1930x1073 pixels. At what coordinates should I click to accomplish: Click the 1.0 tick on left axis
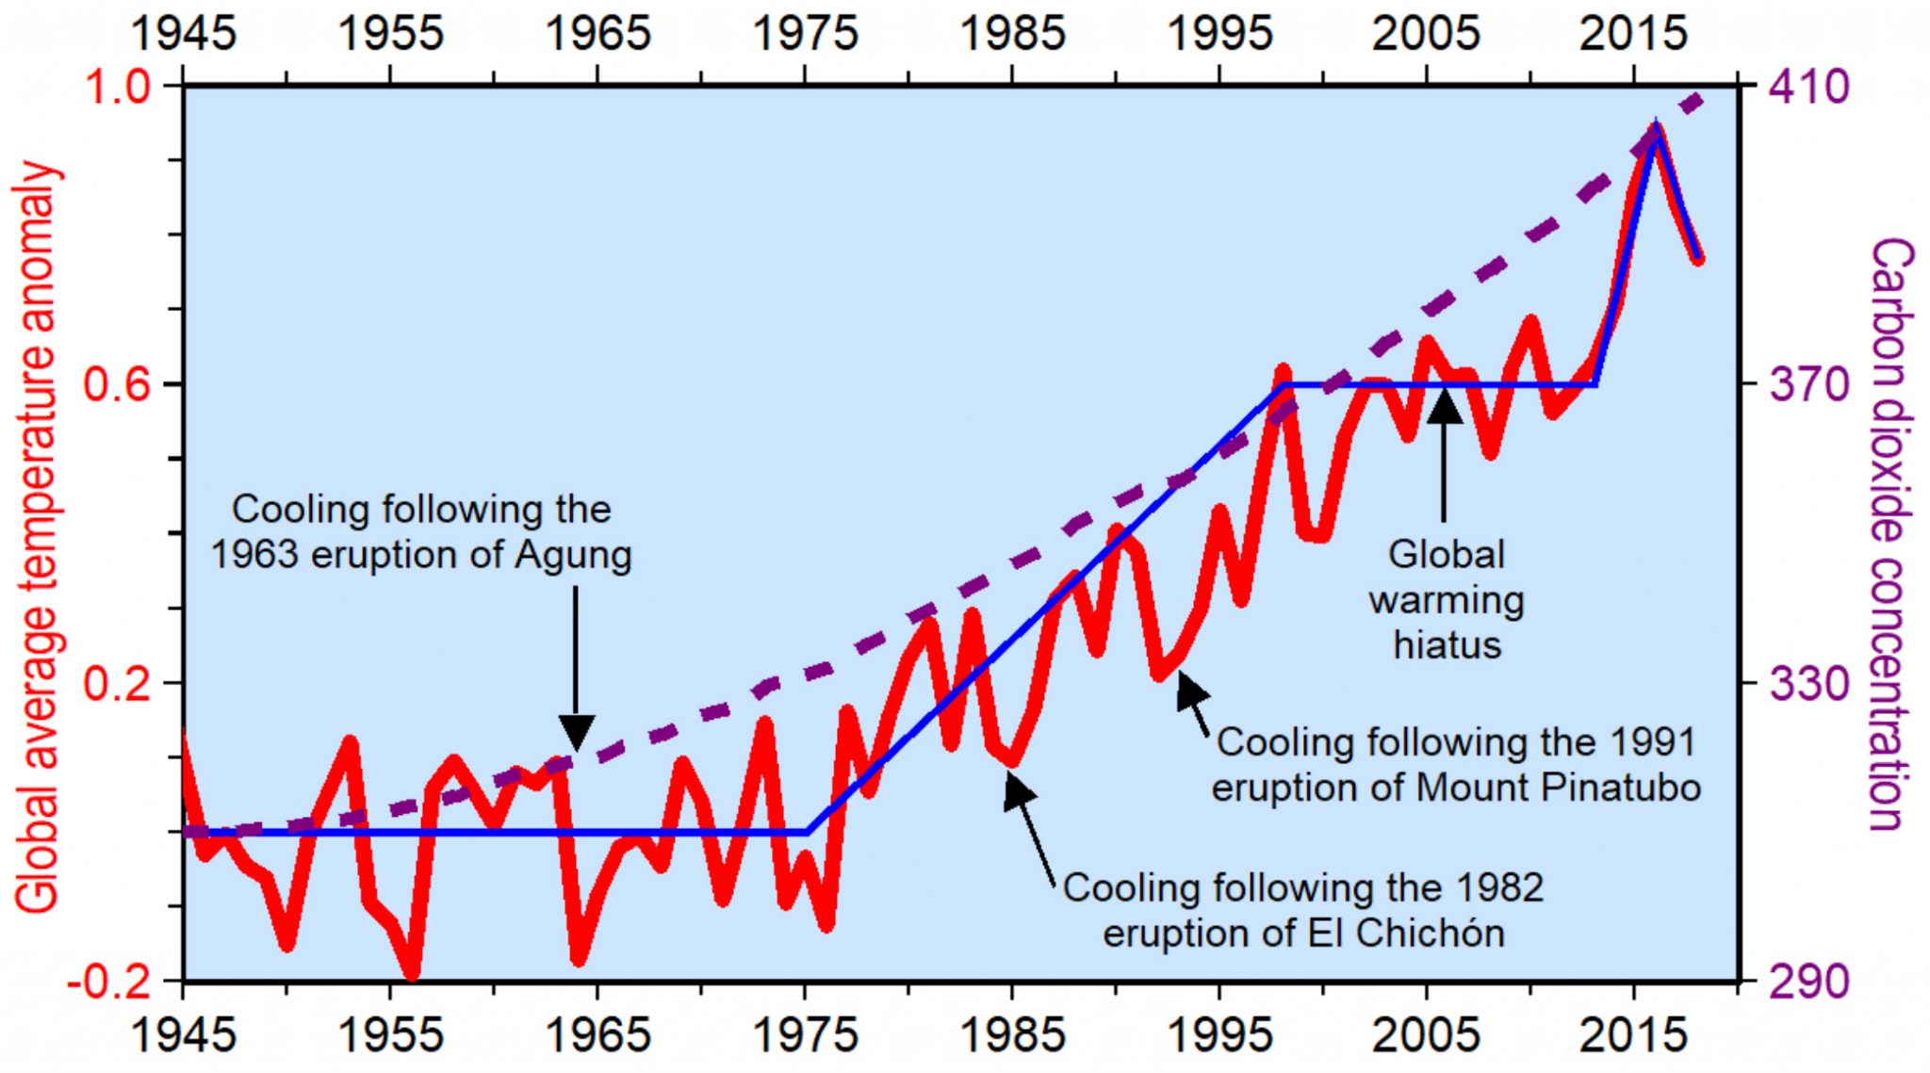click(x=117, y=87)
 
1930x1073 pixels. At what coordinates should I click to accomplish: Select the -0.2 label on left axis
click(x=107, y=982)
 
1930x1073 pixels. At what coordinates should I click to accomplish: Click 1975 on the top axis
click(x=805, y=34)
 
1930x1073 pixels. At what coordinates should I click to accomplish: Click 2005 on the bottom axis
click(x=1427, y=1035)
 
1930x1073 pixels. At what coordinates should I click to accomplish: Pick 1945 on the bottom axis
click(x=183, y=1035)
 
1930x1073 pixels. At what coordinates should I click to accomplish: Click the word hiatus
click(x=1447, y=645)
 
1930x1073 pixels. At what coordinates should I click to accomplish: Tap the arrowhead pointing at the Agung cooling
click(x=576, y=732)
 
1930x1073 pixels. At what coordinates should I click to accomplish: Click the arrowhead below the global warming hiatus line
click(x=1444, y=407)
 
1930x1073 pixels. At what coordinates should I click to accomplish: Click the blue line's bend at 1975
click(x=807, y=832)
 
